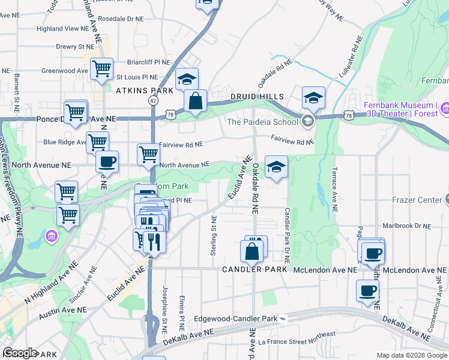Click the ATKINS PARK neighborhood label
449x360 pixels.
pyautogui.click(x=144, y=91)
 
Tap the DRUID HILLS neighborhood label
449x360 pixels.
pyautogui.click(x=257, y=97)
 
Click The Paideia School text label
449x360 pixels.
pyautogui.click(x=262, y=122)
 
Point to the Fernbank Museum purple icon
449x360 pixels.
pyautogui.click(x=445, y=109)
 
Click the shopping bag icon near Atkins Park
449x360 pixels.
pyautogui.click(x=196, y=101)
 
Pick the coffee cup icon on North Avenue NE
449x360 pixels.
pyautogui.click(x=107, y=161)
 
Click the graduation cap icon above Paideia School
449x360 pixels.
pyautogui.click(x=313, y=97)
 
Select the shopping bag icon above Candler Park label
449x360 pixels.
pyautogui.click(x=252, y=251)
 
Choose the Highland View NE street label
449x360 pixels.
pyautogui.click(x=62, y=28)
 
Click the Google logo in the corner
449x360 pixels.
pyautogui.click(x=19, y=353)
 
